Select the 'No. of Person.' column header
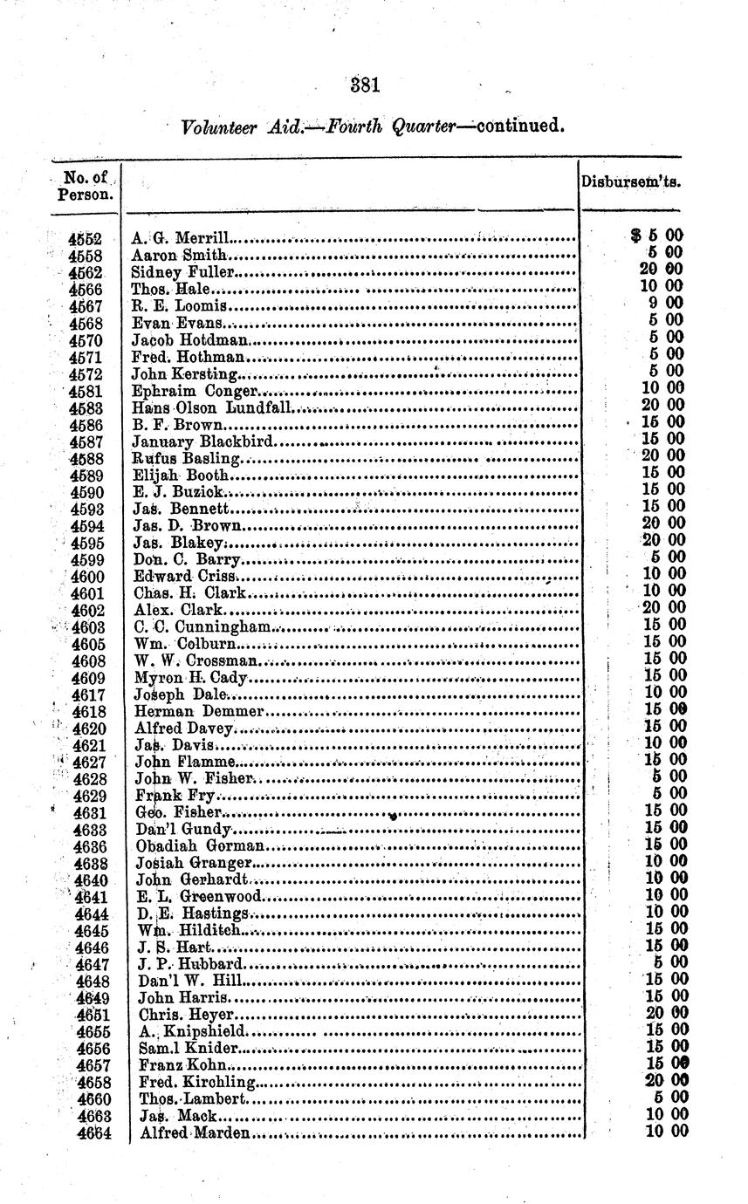click(x=86, y=185)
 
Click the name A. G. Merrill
click(x=180, y=237)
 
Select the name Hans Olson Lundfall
click(x=215, y=407)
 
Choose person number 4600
click(x=87, y=576)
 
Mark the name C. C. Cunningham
click(x=203, y=626)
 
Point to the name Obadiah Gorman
click(x=200, y=845)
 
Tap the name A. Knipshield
click(x=187, y=1031)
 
